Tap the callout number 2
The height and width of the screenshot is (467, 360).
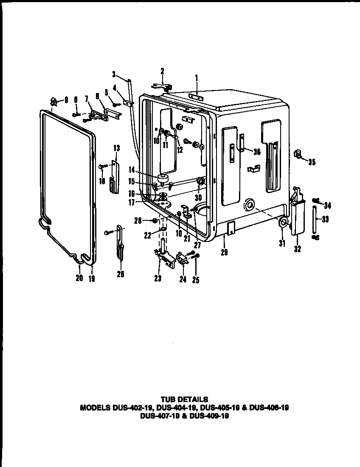pos(162,70)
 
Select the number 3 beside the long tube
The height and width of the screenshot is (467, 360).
pos(114,74)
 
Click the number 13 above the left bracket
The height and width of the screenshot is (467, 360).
pos(116,148)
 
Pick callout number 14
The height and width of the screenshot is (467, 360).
pos(132,169)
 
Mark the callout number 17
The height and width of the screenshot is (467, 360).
pos(132,203)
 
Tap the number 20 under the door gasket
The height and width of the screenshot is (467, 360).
pos(79,279)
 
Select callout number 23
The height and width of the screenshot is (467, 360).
pos(158,279)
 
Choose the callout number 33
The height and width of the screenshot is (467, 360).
pos(326,219)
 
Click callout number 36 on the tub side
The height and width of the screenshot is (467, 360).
pos(256,152)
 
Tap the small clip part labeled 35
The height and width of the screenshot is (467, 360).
pos(298,155)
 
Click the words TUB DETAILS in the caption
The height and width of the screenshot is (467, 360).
pos(184,399)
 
